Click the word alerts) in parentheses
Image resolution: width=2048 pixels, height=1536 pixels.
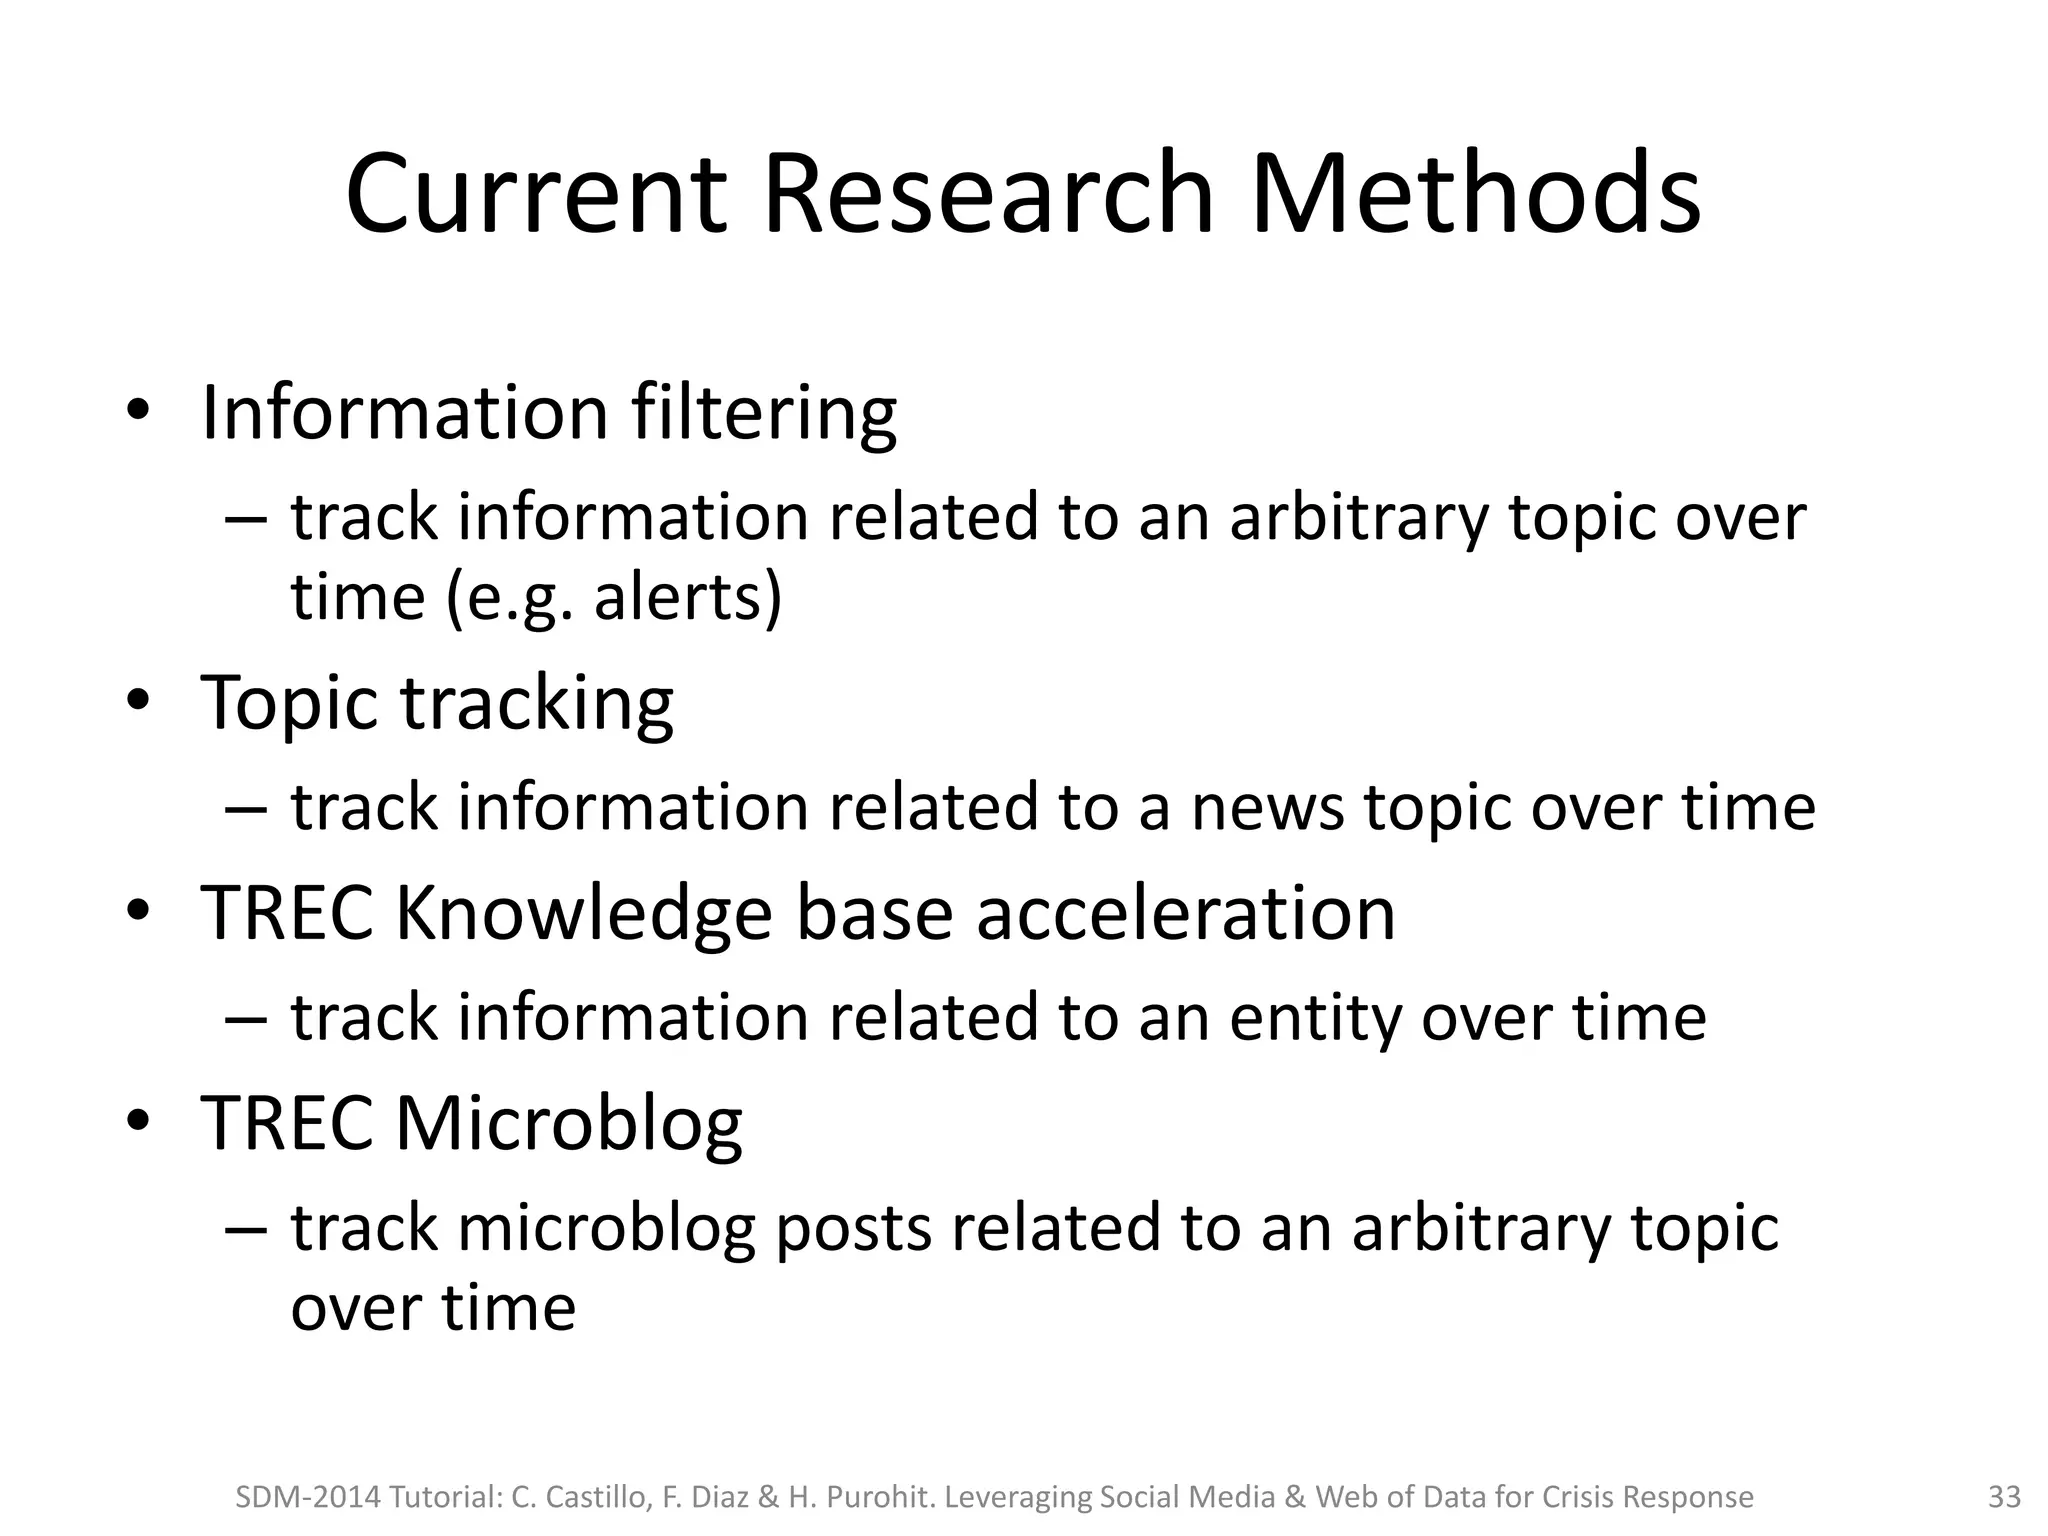[688, 597]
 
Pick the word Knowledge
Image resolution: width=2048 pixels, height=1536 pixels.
[584, 914]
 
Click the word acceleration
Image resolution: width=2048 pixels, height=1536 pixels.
[1185, 914]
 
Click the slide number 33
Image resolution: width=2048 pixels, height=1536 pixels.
[2003, 1497]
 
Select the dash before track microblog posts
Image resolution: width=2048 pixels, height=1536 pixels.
[246, 1227]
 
